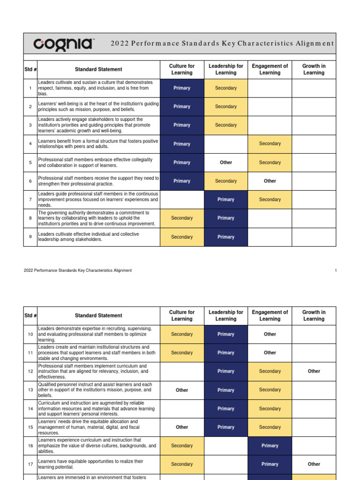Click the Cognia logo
64,44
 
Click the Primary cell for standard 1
182,88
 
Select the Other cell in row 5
226,163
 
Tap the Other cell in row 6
270,181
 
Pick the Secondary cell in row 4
270,144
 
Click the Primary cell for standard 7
226,200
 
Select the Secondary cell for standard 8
182,218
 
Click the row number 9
30,237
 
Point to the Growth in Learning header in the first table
314,69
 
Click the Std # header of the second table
30,315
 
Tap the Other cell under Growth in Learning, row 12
314,371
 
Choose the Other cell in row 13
182,390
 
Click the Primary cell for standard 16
270,446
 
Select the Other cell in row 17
314,464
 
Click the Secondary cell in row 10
182,334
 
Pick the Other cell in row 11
270,352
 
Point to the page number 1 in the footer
336,270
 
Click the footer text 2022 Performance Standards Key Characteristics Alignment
77,270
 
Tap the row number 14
30,409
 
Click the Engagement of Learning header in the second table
270,315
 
